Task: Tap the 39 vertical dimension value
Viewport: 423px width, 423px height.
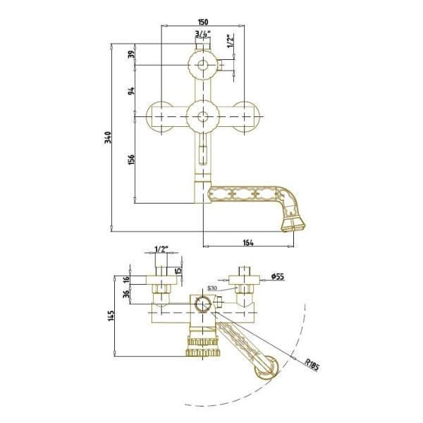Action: click(x=130, y=55)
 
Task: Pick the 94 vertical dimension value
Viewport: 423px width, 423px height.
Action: click(x=130, y=91)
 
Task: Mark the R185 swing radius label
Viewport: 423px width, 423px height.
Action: click(x=313, y=364)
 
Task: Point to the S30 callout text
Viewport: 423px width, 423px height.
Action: click(x=212, y=288)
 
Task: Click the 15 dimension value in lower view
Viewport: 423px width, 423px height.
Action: click(x=178, y=271)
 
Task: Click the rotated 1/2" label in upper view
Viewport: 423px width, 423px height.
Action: click(x=230, y=42)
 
